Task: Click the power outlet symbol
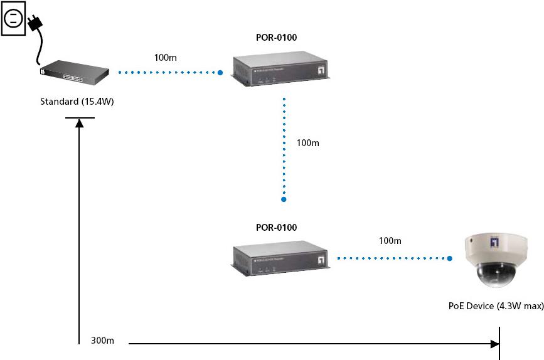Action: point(13,17)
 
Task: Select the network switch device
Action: point(74,73)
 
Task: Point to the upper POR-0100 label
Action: point(277,38)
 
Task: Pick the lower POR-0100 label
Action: point(277,228)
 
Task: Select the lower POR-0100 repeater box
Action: point(282,258)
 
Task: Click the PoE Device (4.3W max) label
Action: point(496,305)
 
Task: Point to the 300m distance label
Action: point(102,341)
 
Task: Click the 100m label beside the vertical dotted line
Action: point(307,143)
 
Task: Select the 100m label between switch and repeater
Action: point(166,58)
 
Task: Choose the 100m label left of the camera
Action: point(390,241)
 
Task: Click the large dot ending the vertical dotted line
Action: point(284,199)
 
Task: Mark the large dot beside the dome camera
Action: point(450,258)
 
